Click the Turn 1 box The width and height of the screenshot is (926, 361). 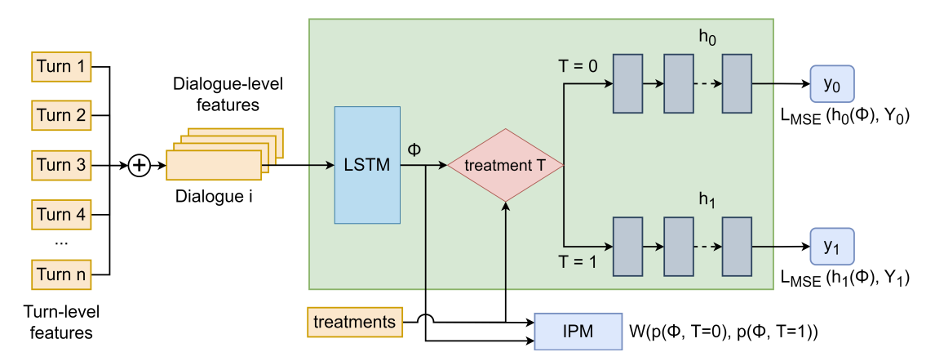[x=61, y=67]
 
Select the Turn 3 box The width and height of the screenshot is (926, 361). [x=61, y=165]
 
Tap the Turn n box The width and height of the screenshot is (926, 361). [x=61, y=274]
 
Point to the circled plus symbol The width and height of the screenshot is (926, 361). [x=140, y=166]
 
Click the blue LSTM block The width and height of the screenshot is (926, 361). [x=367, y=165]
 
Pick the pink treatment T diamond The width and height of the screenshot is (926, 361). [x=506, y=165]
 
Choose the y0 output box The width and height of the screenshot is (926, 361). [x=831, y=84]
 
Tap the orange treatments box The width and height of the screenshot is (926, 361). [x=354, y=321]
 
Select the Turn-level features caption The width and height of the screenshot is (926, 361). [x=61, y=323]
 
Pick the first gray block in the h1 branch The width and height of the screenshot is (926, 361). [x=628, y=246]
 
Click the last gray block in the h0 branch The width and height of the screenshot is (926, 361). [x=737, y=84]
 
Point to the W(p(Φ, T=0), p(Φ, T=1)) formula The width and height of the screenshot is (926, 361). [x=723, y=332]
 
